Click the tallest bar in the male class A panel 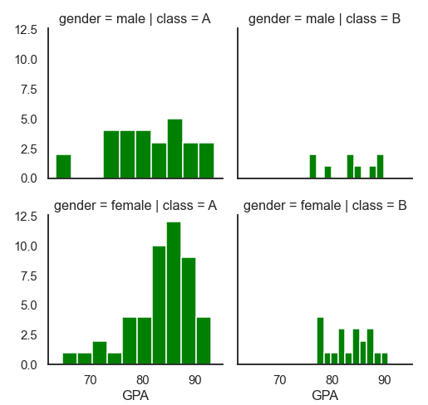175,149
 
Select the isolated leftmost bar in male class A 63,166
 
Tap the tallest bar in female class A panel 174,293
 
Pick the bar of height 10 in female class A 159,305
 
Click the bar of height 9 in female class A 189,310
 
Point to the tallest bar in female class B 320,340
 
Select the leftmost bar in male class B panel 312,166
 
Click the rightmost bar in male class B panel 380,166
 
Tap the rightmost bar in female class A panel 204,340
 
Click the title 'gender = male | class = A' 135,19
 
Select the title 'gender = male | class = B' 324,19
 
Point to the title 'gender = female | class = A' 135,206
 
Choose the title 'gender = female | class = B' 325,206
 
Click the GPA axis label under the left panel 135,395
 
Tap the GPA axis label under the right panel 325,395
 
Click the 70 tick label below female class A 90,380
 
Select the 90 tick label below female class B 384,380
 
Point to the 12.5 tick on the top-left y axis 26,30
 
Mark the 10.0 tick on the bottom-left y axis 26,246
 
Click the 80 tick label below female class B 332,380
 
